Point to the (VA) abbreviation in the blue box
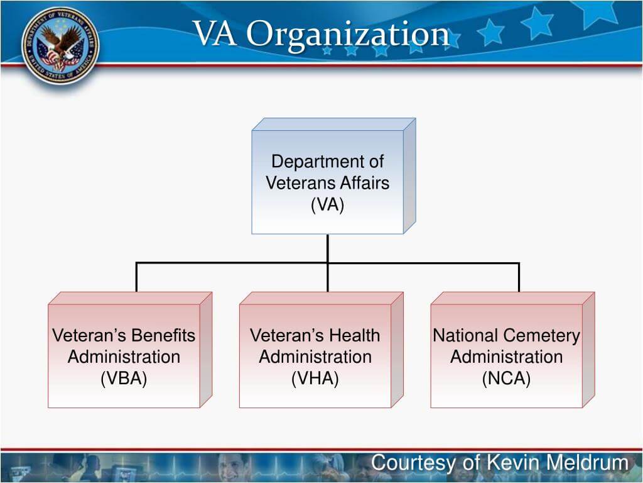(x=327, y=204)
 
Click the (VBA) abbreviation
(x=124, y=379)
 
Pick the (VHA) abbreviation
(x=315, y=379)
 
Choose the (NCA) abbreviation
(x=506, y=379)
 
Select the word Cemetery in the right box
(x=544, y=335)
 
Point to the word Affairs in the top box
(x=365, y=183)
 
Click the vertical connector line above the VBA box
(x=136, y=277)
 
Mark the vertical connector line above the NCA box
(x=519, y=277)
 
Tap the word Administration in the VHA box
(x=315, y=357)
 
